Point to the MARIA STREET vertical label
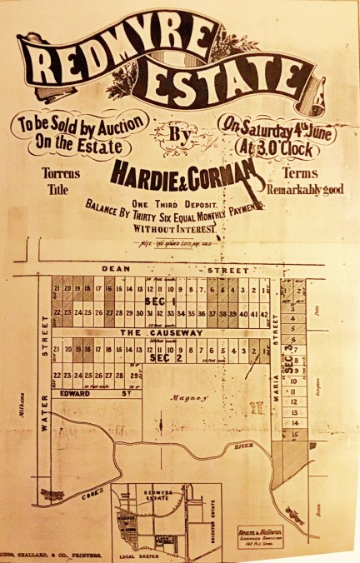click(276, 383)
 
